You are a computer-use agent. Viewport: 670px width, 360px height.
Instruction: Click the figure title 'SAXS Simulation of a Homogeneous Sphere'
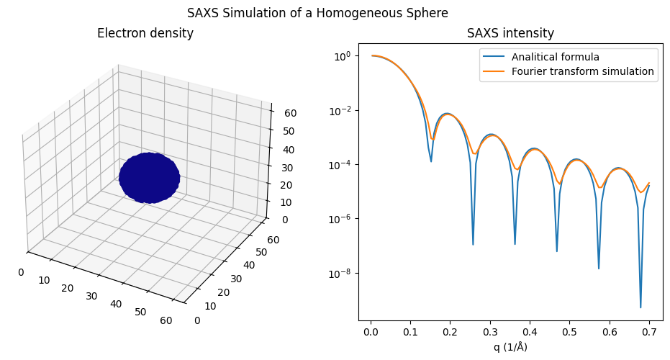(x=317, y=13)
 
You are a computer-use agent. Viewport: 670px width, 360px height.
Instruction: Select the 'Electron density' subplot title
(x=145, y=33)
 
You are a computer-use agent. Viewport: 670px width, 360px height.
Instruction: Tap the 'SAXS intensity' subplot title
(x=510, y=33)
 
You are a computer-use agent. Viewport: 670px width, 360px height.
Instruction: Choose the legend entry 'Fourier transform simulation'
(x=582, y=71)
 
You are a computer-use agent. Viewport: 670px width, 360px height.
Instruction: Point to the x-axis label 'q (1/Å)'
(x=510, y=347)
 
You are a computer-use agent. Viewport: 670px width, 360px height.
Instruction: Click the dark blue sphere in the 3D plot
(x=149, y=177)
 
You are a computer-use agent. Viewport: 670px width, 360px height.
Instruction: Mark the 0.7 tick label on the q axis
(x=649, y=332)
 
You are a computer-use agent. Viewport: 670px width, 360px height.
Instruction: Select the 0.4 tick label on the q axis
(x=530, y=332)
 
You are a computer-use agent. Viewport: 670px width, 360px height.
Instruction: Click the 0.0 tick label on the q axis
(x=371, y=332)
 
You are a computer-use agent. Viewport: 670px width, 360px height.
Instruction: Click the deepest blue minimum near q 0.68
(x=640, y=307)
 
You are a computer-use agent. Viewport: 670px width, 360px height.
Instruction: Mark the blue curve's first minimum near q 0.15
(x=431, y=161)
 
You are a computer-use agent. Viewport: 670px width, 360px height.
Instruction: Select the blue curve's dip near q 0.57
(x=599, y=269)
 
